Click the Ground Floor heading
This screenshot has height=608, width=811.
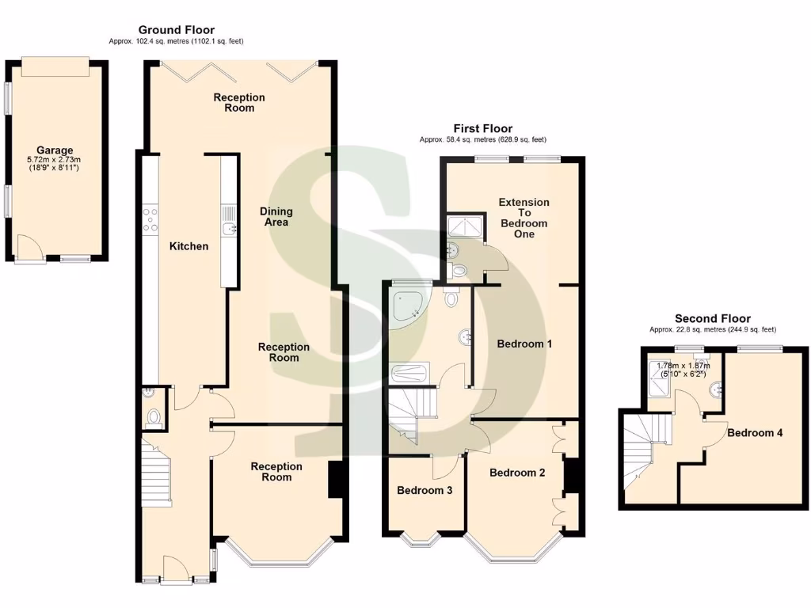click(177, 30)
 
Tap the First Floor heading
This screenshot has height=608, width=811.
click(482, 128)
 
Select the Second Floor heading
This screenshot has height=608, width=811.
click(713, 318)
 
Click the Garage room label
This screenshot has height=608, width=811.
click(55, 150)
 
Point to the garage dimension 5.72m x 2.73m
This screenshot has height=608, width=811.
click(55, 159)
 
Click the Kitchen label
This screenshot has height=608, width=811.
click(189, 246)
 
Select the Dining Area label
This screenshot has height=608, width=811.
click(276, 217)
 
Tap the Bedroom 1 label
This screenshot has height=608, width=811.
click(524, 344)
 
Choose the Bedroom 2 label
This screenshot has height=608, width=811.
click(517, 473)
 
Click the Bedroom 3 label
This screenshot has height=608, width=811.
click(425, 490)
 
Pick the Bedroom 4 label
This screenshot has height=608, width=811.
click(755, 433)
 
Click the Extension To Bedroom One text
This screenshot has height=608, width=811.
click(524, 218)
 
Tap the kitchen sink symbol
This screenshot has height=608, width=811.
click(228, 229)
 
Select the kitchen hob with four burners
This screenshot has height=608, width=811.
click(150, 219)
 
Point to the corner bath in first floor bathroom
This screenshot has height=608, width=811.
click(405, 305)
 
